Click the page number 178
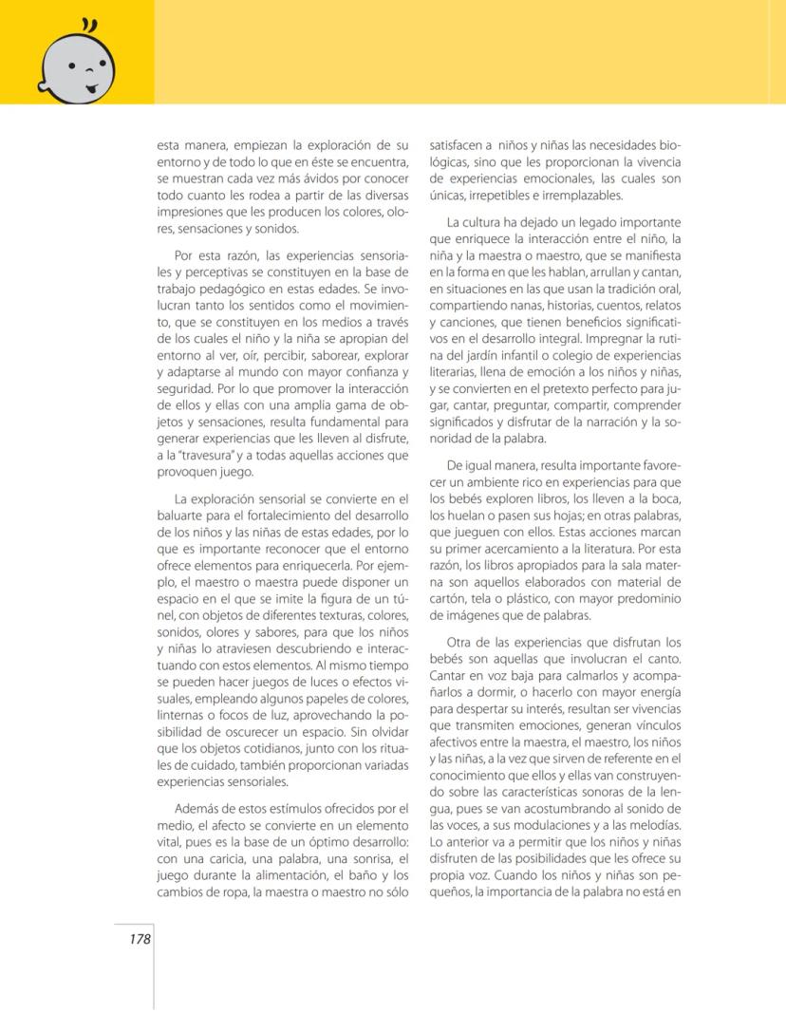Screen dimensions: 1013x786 click(140, 939)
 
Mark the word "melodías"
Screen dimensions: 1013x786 click(652, 827)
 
